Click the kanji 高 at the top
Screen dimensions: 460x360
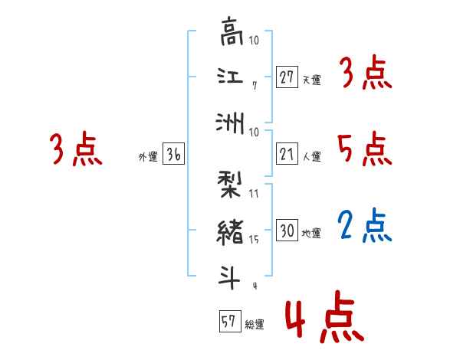230,35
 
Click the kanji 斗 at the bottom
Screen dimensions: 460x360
230,277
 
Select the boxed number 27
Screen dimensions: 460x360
287,77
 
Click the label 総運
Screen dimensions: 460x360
255,325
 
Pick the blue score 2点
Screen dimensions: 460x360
365,226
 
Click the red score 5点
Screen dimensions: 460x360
365,149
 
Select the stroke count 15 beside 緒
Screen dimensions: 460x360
254,240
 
